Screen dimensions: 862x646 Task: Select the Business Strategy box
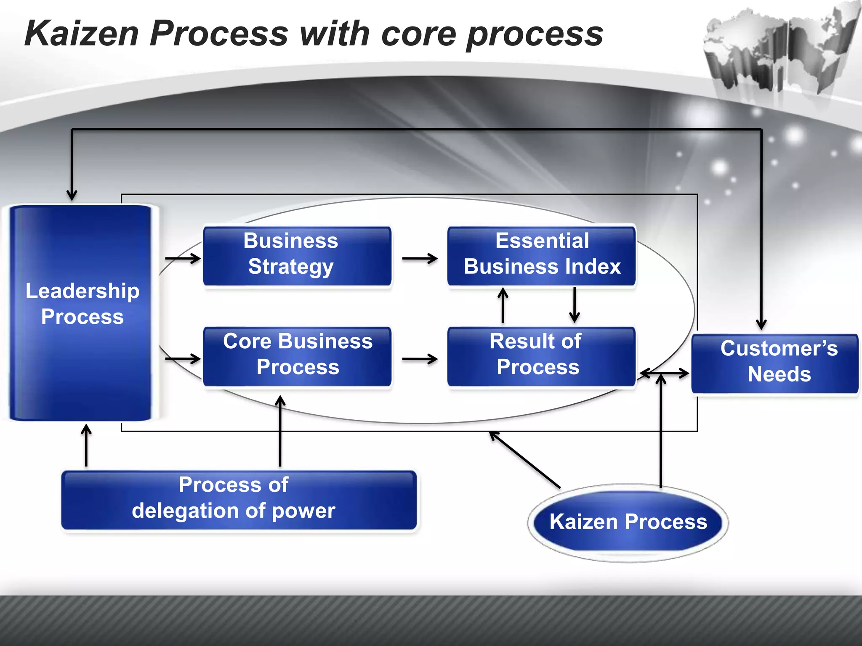(297, 256)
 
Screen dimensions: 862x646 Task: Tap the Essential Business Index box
(541, 256)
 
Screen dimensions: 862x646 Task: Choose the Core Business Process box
(297, 357)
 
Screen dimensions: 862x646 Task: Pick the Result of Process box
(541, 357)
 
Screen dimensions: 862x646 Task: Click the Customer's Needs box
(775, 364)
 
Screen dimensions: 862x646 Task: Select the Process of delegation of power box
(239, 500)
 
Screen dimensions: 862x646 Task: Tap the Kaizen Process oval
(628, 522)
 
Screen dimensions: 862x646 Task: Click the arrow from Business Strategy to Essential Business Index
(420, 258)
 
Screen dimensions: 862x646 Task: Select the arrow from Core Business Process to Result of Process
(420, 359)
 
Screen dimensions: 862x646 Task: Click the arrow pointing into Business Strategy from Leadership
(183, 258)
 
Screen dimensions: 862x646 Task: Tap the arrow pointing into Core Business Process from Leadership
(183, 359)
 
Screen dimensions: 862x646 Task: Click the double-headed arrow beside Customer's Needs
(664, 373)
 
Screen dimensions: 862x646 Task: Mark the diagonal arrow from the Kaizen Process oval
(524, 460)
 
